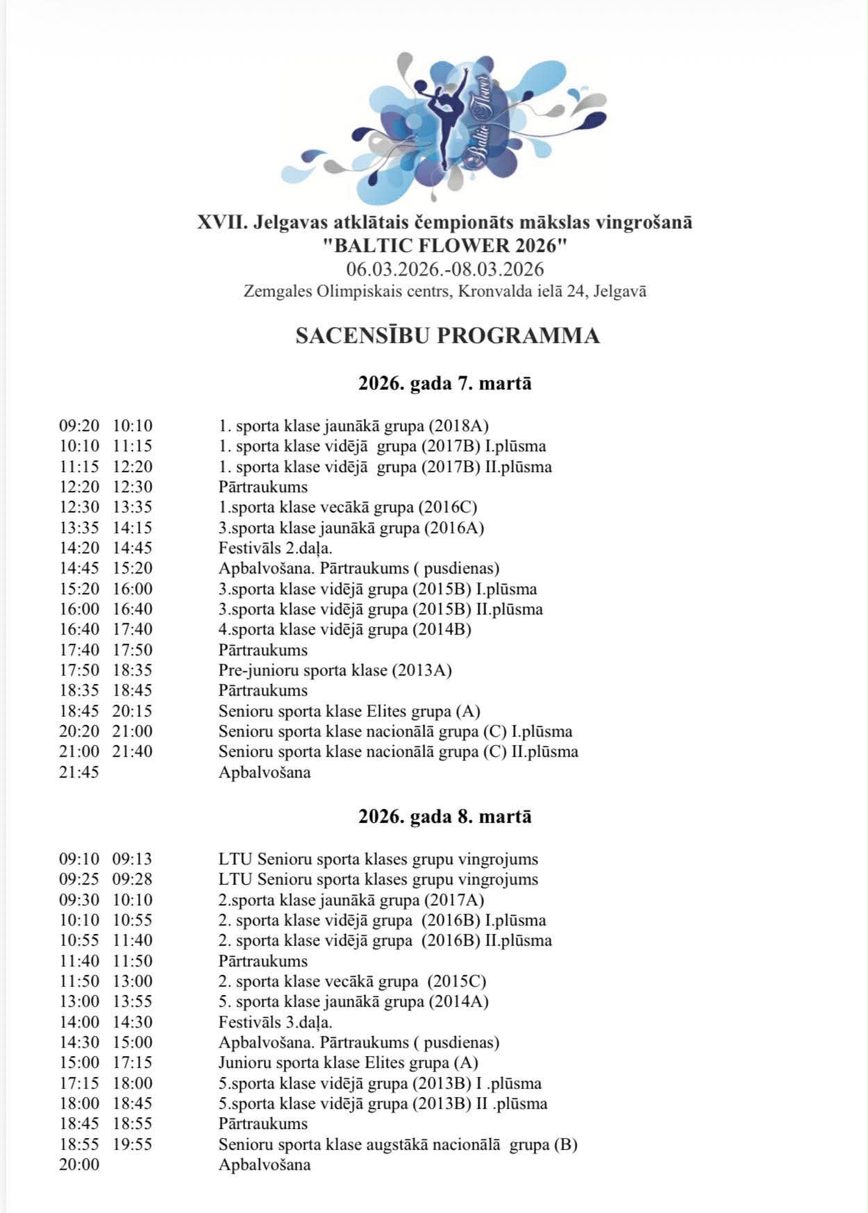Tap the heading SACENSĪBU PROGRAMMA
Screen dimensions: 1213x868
(447, 335)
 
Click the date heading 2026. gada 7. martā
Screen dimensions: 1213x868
(444, 383)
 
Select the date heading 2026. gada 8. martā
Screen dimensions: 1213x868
(444, 816)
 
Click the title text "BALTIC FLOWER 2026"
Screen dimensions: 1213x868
(444, 245)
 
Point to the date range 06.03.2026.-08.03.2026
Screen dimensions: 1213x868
(444, 269)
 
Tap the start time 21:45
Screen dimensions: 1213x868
(79, 772)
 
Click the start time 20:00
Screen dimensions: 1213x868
(79, 1164)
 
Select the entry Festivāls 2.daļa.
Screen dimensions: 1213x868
(275, 548)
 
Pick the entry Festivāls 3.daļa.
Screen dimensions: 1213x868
(275, 1022)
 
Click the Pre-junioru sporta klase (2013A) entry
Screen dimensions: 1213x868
(335, 670)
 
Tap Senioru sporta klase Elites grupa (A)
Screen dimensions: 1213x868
(349, 711)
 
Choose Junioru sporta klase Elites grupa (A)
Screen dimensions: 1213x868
(348, 1062)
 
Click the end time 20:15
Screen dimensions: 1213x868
(133, 711)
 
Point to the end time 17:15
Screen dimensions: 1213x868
(133, 1062)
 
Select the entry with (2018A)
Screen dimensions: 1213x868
(354, 426)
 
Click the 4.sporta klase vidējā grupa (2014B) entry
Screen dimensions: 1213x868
(344, 629)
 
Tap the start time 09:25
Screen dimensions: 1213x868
(79, 879)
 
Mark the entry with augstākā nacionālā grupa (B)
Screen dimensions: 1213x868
(398, 1144)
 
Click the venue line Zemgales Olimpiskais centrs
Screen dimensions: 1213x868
(444, 292)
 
